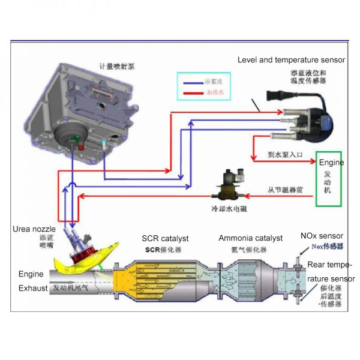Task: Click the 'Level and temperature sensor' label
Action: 291,60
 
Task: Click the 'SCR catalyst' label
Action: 166,238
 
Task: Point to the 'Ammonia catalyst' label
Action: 250,238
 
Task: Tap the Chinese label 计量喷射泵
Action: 117,67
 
